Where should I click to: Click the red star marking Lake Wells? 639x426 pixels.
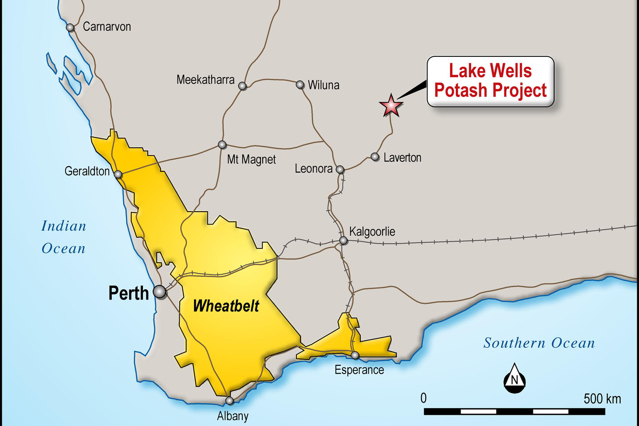click(391, 106)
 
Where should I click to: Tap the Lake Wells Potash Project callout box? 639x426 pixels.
click(490, 81)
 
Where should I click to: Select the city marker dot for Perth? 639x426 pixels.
click(160, 292)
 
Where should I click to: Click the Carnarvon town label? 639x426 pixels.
click(107, 27)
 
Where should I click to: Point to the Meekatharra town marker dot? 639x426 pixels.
click(242, 86)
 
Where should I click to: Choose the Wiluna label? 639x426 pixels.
click(323, 85)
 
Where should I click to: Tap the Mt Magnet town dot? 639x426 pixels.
click(222, 145)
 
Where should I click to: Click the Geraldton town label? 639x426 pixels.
click(87, 171)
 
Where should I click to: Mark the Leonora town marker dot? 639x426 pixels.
click(340, 170)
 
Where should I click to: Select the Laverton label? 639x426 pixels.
click(402, 158)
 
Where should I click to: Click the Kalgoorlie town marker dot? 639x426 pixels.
click(343, 241)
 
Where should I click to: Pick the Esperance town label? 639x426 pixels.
click(359, 370)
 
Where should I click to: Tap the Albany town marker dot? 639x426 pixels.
click(229, 401)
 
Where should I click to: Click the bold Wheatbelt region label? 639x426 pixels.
click(226, 306)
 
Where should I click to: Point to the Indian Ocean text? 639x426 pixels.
click(64, 237)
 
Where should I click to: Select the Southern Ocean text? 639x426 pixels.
click(539, 343)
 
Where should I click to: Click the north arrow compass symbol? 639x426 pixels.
click(514, 379)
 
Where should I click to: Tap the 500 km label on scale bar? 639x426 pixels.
click(602, 398)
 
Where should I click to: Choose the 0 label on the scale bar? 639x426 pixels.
click(423, 398)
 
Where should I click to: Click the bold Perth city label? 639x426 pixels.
click(129, 293)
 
